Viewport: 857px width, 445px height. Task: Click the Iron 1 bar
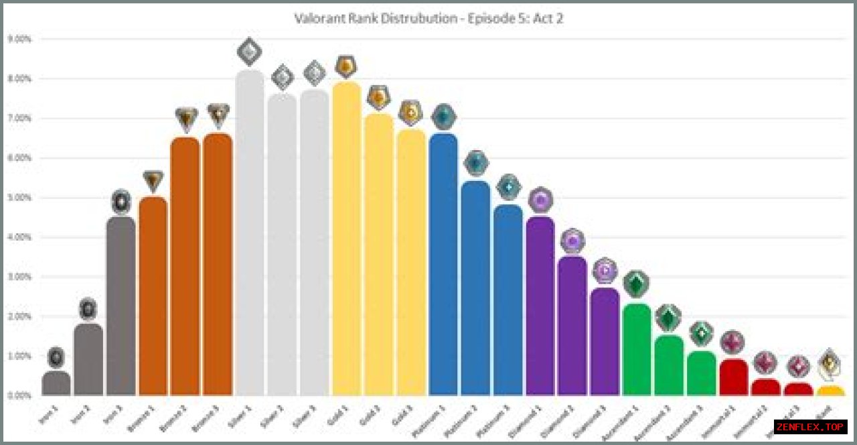click(x=56, y=383)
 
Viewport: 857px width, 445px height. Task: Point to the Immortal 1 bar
click(x=733, y=378)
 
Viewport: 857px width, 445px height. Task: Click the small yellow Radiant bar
click(x=830, y=390)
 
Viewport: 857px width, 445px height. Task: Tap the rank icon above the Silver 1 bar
click(x=250, y=52)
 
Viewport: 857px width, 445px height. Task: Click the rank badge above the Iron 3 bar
click(x=121, y=201)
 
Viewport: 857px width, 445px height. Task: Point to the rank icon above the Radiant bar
click(x=830, y=364)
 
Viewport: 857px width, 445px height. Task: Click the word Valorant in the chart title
click(x=319, y=18)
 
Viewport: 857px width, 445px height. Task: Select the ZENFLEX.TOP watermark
click(x=810, y=427)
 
